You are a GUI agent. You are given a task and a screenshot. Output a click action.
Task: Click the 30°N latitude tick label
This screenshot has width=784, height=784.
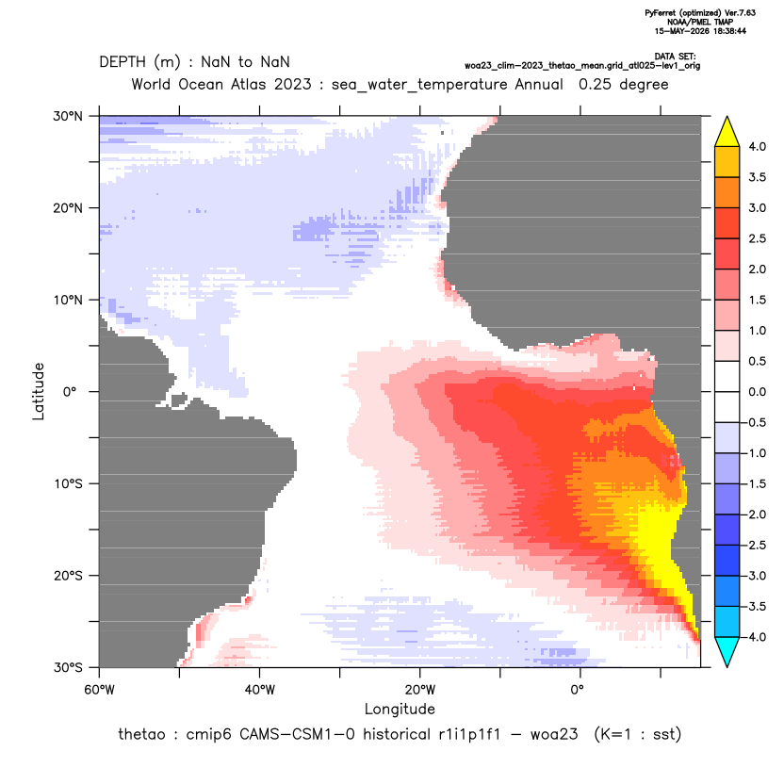pyautogui.click(x=68, y=116)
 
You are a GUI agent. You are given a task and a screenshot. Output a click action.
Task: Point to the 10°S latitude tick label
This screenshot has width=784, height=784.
pyautogui.click(x=68, y=484)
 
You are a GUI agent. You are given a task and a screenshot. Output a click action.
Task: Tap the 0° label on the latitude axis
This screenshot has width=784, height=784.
pyautogui.click(x=70, y=392)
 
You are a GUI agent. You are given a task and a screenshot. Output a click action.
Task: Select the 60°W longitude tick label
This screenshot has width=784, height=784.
pyautogui.click(x=100, y=690)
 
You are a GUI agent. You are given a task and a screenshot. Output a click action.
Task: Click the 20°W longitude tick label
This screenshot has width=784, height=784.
pyautogui.click(x=420, y=690)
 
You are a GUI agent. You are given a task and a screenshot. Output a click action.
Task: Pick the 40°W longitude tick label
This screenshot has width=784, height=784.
pyautogui.click(x=259, y=690)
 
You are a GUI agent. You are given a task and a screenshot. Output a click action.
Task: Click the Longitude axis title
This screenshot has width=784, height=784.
pyautogui.click(x=400, y=709)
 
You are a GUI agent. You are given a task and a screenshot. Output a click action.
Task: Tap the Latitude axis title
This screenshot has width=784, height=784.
pyautogui.click(x=39, y=391)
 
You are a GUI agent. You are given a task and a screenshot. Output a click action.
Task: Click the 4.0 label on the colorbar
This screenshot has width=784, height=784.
pyautogui.click(x=757, y=146)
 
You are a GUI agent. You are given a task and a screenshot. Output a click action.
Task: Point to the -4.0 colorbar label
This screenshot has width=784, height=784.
pyautogui.click(x=755, y=637)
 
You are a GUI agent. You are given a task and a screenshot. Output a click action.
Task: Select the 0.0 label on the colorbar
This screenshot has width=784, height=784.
pyautogui.click(x=757, y=392)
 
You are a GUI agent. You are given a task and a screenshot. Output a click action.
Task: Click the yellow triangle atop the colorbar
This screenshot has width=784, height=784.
pyautogui.click(x=727, y=133)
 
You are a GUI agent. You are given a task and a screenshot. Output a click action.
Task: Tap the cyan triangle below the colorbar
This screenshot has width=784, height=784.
pyautogui.click(x=727, y=651)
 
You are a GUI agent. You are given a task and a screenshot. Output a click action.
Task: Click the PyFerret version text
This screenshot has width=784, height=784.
pyautogui.click(x=700, y=13)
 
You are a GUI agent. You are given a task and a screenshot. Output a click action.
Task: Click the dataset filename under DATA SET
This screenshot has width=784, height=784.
pyautogui.click(x=582, y=66)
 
